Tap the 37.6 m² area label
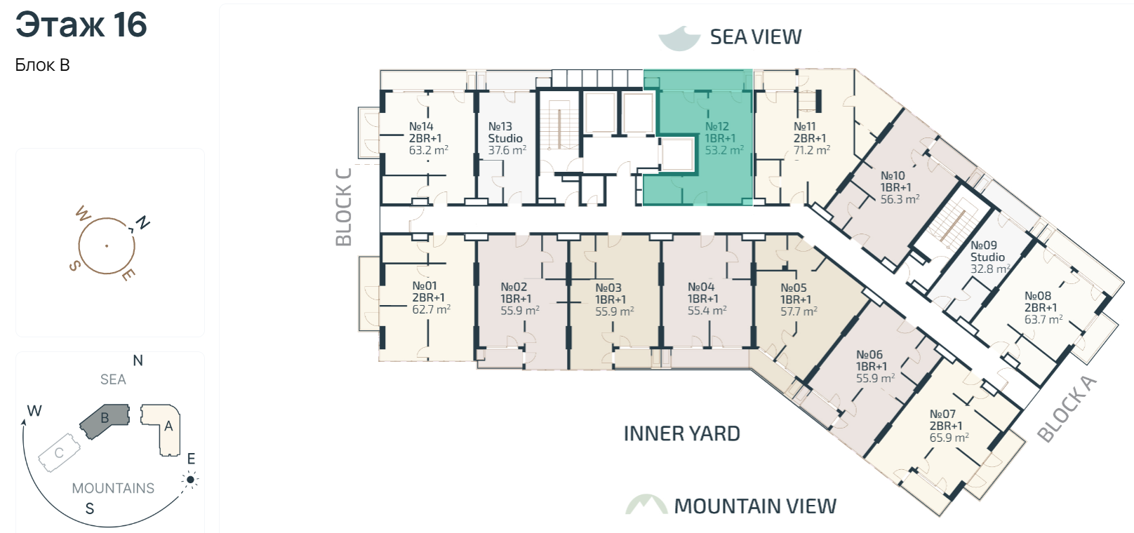pyautogui.click(x=507, y=150)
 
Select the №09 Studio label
pyautogui.click(x=987, y=251)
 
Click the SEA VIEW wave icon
pyautogui.click(x=679, y=39)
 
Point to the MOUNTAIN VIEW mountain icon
pyautogui.click(x=646, y=504)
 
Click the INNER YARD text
pyautogui.click(x=681, y=434)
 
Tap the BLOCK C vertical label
pyautogui.click(x=343, y=207)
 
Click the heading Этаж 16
pyautogui.click(x=81, y=25)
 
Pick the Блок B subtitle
pyautogui.click(x=42, y=65)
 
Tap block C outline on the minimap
pyautogui.click(x=60, y=452)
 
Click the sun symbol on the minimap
pyautogui.click(x=190, y=479)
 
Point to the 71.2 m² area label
pyautogui.click(x=811, y=150)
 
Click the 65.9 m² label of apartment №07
pyautogui.click(x=949, y=438)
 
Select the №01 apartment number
pyautogui.click(x=425, y=285)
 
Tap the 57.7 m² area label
pyautogui.click(x=799, y=311)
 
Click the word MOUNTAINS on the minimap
pyautogui.click(x=113, y=488)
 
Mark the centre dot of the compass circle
pyautogui.click(x=107, y=246)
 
